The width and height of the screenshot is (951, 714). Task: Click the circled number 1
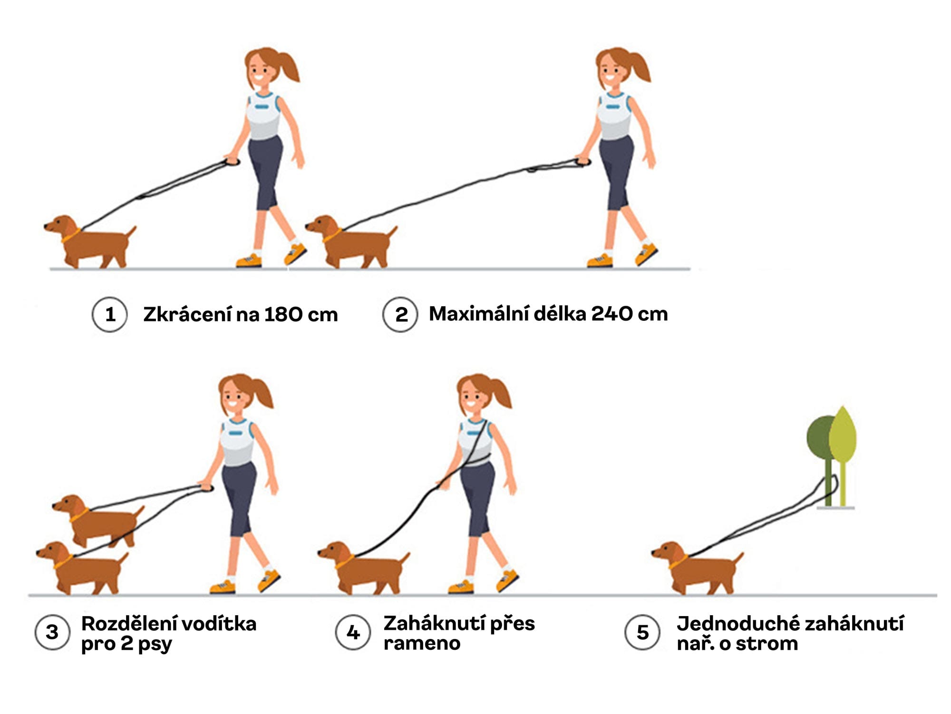tap(110, 314)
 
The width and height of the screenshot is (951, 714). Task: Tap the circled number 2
tap(400, 314)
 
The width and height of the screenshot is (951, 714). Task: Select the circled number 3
tap(52, 632)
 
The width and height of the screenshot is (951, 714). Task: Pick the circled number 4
tap(352, 632)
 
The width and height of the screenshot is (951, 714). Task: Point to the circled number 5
tap(642, 632)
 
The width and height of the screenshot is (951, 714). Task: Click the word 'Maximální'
tap(478, 314)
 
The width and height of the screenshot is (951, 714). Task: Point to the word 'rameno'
tap(422, 644)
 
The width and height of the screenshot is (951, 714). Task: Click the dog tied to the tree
tap(697, 568)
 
